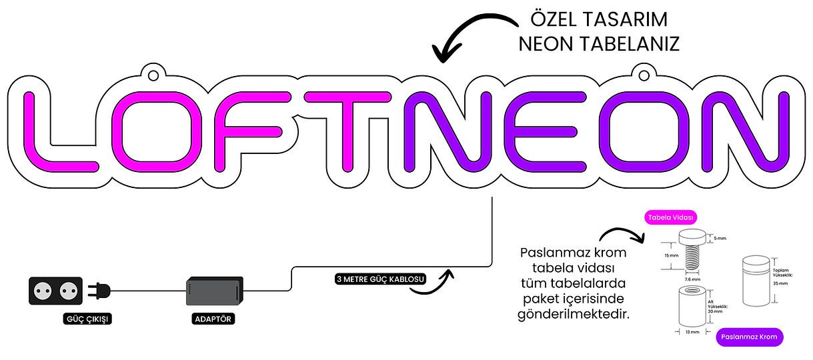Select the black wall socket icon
(x=55, y=291)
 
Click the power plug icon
(x=99, y=291)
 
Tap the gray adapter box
(x=214, y=291)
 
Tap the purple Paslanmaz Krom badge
(x=750, y=337)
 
